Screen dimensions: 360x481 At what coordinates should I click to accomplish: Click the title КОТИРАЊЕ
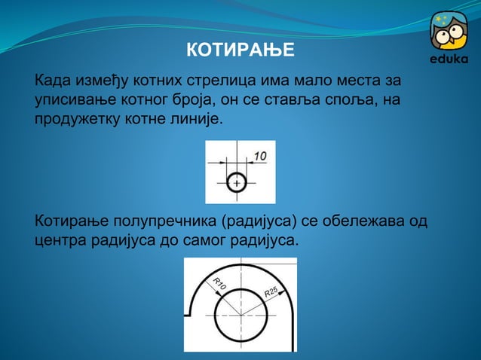[240, 51]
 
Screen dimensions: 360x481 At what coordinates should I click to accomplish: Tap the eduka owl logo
[449, 31]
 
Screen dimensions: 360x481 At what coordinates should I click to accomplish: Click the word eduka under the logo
[449, 59]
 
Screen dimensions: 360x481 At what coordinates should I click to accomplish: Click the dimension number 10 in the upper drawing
[260, 156]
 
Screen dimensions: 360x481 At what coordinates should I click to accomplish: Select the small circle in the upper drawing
[237, 183]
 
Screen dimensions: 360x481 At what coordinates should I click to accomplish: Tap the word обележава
[365, 222]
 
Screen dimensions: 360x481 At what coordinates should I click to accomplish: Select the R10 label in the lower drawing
[219, 285]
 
